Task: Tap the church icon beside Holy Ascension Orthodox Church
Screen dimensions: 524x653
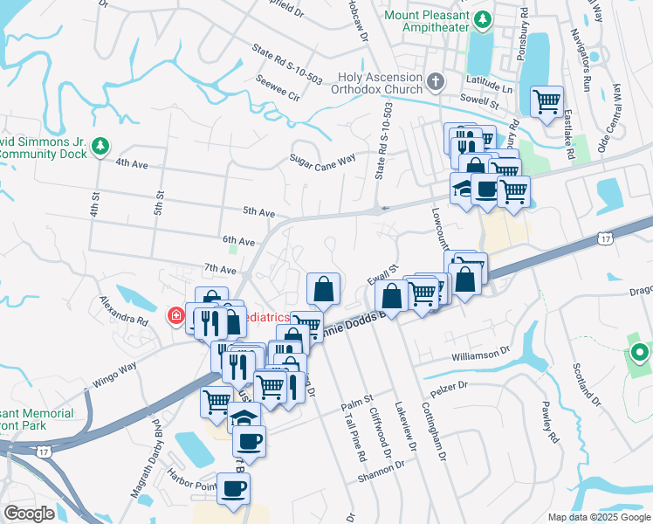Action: (436, 82)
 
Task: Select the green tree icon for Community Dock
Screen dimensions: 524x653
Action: (101, 146)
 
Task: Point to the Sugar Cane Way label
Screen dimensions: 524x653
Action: (323, 159)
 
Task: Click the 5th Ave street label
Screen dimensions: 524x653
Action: (259, 212)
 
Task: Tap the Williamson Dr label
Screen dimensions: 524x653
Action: (479, 355)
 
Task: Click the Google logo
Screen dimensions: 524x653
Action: (30, 514)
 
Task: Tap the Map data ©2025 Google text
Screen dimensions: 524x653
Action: (598, 517)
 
